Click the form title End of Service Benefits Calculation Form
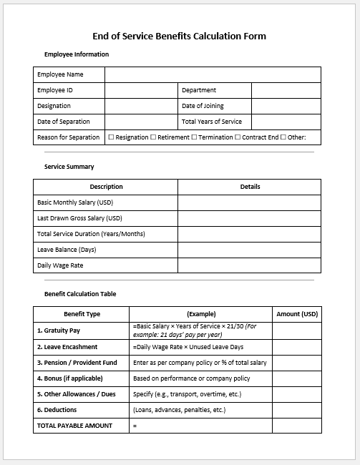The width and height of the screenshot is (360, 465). (x=180, y=36)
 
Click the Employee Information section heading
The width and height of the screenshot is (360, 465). (x=77, y=54)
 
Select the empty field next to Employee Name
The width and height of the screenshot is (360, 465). (x=213, y=74)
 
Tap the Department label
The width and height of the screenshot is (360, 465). (x=199, y=90)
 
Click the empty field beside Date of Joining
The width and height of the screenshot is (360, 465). (x=286, y=106)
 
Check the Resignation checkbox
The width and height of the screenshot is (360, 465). (x=111, y=137)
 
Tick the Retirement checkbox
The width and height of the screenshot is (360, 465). (x=153, y=137)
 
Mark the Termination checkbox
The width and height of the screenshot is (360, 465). (x=194, y=137)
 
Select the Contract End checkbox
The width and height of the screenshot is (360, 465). (x=238, y=137)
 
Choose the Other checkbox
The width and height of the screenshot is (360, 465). (x=283, y=137)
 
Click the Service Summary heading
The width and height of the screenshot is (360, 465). (x=69, y=167)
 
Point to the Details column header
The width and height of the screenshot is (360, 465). (x=250, y=187)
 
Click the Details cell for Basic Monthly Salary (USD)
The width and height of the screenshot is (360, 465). (x=250, y=202)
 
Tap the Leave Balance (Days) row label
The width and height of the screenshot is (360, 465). (x=67, y=250)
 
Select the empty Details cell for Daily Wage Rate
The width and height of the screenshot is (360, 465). (x=250, y=265)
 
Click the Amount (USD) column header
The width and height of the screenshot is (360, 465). (x=297, y=314)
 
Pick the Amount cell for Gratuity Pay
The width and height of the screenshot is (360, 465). (x=297, y=330)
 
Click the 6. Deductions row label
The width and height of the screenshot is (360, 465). (x=57, y=410)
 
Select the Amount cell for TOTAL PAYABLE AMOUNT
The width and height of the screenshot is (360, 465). (x=297, y=426)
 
